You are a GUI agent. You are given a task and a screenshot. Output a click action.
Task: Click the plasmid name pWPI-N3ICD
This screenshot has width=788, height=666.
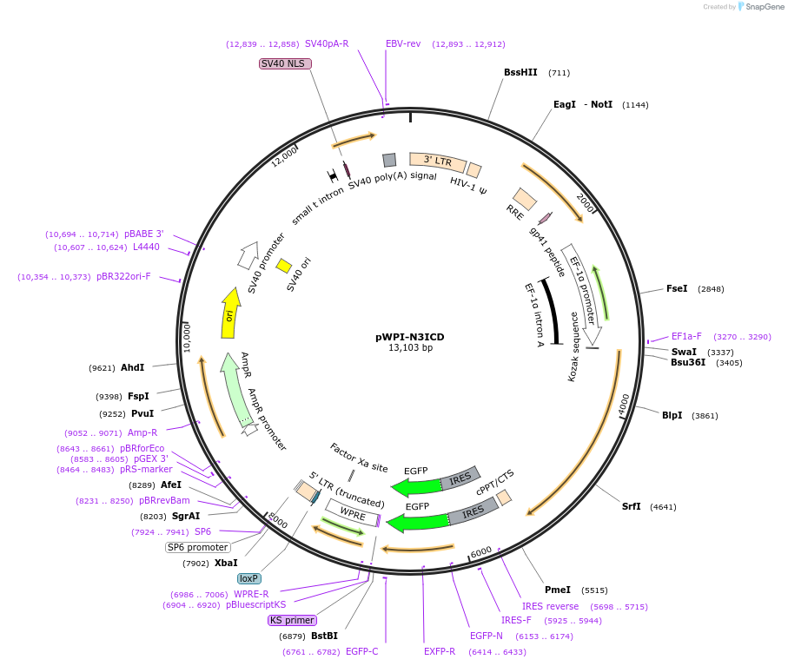410,337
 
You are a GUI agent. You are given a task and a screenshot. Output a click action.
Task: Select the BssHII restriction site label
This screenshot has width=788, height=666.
520,73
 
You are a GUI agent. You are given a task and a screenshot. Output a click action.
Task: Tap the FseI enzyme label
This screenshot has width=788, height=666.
676,288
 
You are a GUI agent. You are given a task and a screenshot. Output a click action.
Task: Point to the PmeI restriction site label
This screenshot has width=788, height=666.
557,589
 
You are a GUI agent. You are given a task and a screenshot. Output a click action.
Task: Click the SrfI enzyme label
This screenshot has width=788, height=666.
631,506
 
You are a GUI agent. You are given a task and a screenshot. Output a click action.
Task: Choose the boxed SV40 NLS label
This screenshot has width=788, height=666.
283,63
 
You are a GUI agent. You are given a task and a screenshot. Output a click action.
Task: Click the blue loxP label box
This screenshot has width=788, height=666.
248,577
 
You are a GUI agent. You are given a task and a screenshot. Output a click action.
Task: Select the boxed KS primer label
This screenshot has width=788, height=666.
292,620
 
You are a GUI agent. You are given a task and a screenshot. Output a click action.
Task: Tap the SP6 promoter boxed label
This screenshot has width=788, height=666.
198,547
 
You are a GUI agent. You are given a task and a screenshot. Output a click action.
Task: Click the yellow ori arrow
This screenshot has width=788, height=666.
230,313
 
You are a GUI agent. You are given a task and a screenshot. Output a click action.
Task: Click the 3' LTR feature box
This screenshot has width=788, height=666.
437,162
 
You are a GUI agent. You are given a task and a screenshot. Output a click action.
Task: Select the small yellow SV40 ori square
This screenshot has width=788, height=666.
283,266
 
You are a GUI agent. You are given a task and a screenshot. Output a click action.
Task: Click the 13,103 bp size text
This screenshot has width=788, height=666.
410,348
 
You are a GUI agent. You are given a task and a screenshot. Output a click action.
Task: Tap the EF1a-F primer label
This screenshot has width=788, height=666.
686,337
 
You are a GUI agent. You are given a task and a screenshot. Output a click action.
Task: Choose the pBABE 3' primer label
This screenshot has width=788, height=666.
143,234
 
